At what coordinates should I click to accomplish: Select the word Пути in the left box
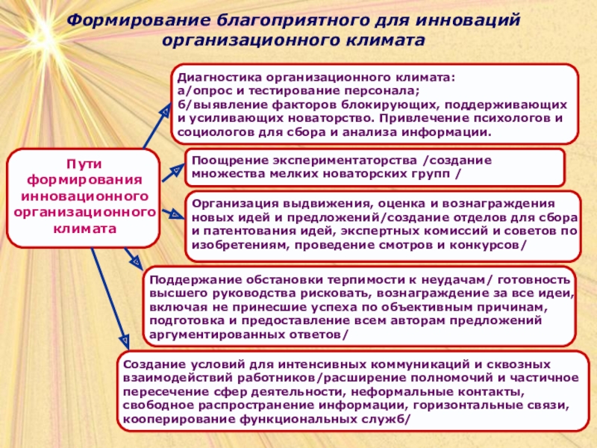[84, 163]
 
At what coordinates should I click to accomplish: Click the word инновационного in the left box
[84, 196]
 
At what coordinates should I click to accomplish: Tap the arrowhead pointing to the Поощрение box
[177, 170]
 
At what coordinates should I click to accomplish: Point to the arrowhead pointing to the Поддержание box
[135, 261]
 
